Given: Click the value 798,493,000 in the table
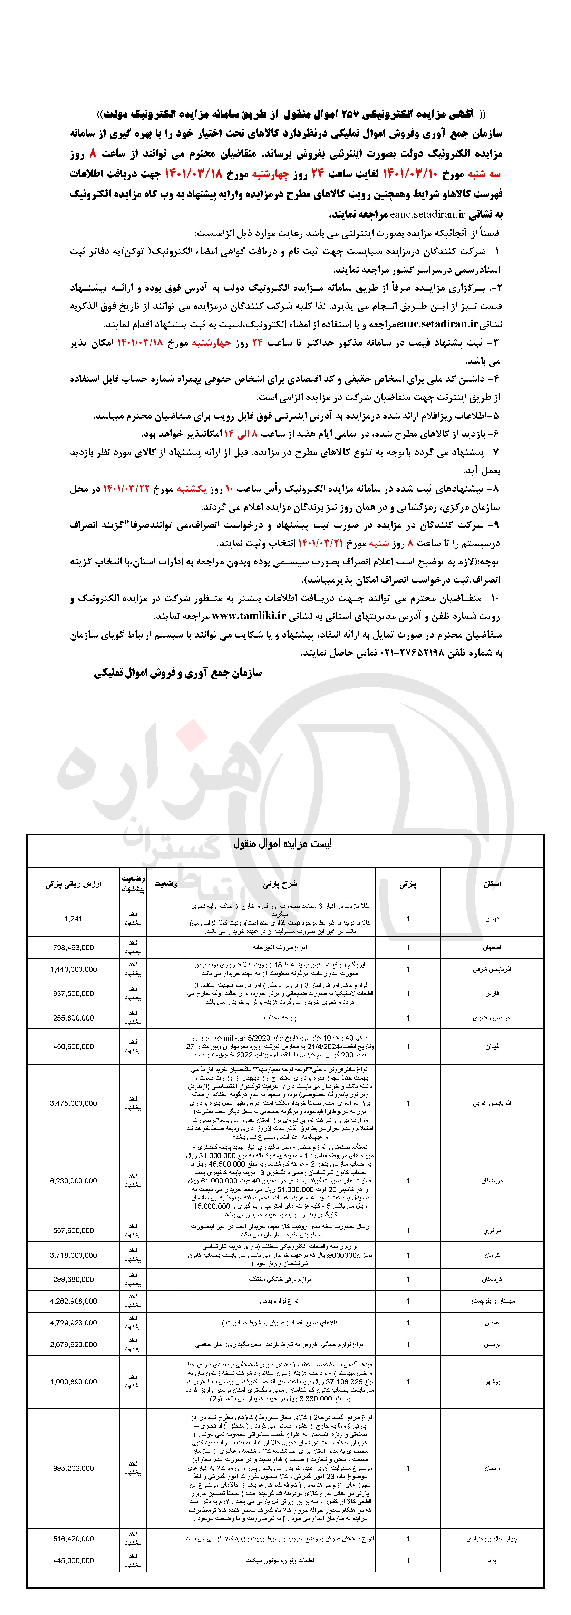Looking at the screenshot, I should click(73, 947).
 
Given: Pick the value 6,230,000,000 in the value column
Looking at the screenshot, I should click(73, 1181).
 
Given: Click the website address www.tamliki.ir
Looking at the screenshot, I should click(249, 616).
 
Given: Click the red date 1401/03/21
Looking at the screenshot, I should click(321, 543).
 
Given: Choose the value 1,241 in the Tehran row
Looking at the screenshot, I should click(73, 918).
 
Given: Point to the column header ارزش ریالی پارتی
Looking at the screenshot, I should click(73, 883).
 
